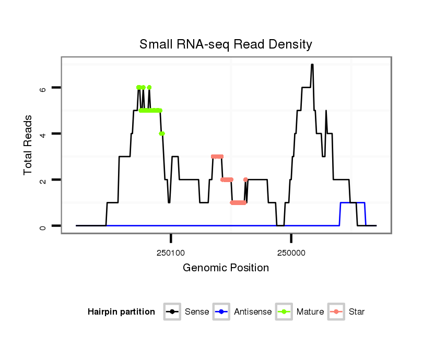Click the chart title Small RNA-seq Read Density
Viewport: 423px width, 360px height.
(x=226, y=44)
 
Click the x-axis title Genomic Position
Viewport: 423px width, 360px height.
(x=226, y=268)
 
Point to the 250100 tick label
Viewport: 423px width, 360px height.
(x=171, y=252)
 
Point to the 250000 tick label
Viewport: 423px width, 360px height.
(x=291, y=252)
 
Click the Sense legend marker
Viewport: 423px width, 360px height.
(x=172, y=312)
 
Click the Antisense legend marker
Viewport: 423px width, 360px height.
(x=221, y=312)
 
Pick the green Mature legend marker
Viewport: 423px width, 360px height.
(x=284, y=312)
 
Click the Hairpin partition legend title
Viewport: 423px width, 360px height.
(x=121, y=312)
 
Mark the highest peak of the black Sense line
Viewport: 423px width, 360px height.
(x=312, y=65)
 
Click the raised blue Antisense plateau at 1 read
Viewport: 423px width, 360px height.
(x=352, y=202)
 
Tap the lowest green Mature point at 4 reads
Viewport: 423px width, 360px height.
(x=162, y=134)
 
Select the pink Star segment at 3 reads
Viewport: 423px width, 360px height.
(x=217, y=157)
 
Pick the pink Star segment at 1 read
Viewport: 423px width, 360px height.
(x=238, y=202)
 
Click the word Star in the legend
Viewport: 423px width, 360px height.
(x=357, y=312)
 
